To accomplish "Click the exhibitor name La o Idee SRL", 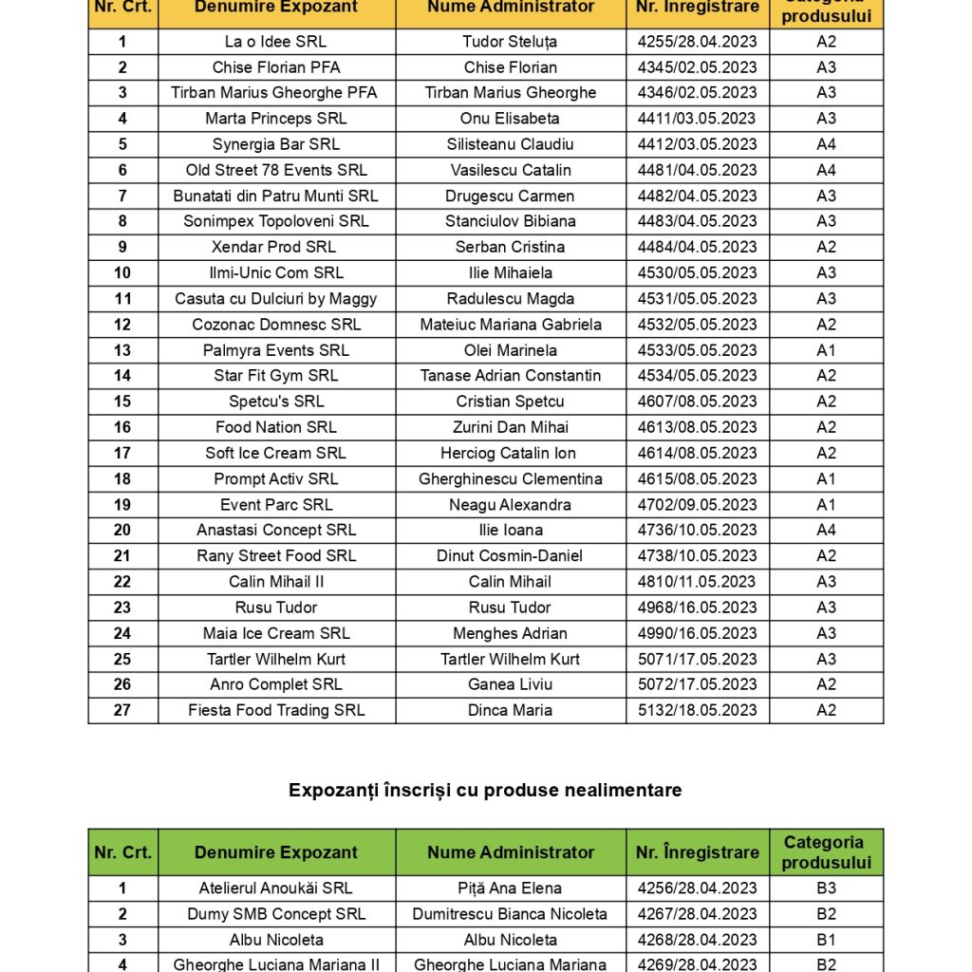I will click(275, 42).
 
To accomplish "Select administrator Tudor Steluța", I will click(510, 42).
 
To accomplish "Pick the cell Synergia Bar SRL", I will click(275, 144).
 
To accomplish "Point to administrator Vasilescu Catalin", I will click(510, 170).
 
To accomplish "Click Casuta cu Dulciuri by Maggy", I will click(275, 298).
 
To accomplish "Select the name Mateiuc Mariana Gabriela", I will click(510, 324).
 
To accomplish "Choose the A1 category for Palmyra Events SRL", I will click(826, 349).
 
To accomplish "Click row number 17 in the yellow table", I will click(122, 453).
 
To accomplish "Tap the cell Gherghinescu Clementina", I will click(510, 478).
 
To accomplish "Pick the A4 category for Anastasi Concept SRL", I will click(826, 530).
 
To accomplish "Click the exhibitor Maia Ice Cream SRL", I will click(275, 633).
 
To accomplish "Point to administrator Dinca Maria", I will click(510, 710).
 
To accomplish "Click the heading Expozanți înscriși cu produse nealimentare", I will click(485, 790).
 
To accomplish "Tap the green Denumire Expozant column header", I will click(275, 852).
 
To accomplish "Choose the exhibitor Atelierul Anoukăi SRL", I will click(275, 888).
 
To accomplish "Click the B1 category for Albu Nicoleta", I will click(826, 940).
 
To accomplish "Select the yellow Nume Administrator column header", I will click(510, 8).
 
